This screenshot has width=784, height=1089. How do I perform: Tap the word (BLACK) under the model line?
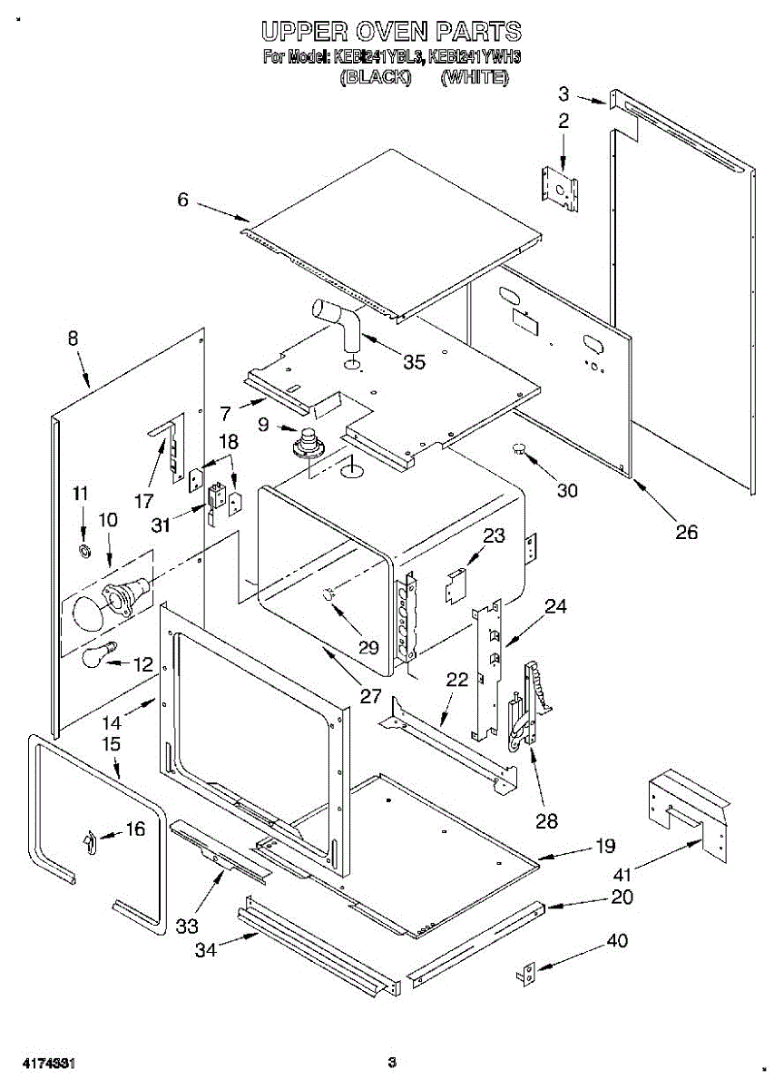(376, 77)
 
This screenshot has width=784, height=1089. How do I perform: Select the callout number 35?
(414, 361)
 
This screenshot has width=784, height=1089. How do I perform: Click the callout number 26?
(686, 532)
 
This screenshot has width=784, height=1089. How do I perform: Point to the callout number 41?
(622, 875)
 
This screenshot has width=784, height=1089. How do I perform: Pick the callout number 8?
(73, 338)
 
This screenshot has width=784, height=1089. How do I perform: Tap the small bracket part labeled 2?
(560, 189)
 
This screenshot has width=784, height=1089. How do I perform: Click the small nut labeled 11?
(85, 552)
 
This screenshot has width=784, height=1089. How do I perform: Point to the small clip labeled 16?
(91, 841)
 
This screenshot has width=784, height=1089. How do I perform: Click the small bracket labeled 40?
(528, 975)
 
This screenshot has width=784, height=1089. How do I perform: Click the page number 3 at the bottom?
(392, 1060)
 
